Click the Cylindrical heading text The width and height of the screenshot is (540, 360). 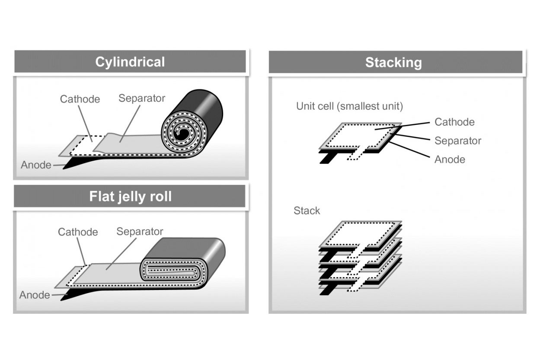[130, 62]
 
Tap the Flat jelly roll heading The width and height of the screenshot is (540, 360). [130, 197]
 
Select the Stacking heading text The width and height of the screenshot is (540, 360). [393, 63]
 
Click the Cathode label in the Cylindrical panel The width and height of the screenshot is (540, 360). [80, 99]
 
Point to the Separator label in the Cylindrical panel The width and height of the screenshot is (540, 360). [141, 98]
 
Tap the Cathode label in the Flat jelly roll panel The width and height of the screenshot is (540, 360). [78, 232]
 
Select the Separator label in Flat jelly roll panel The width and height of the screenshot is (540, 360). [140, 232]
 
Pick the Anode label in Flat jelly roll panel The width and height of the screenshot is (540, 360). [34, 295]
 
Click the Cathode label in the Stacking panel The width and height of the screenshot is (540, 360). [454, 122]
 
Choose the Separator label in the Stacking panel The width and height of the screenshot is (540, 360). [457, 141]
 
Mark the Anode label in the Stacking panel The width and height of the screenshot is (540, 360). [450, 159]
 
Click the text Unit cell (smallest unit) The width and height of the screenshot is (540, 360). [349, 106]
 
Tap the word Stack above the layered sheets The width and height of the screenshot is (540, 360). [307, 211]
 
